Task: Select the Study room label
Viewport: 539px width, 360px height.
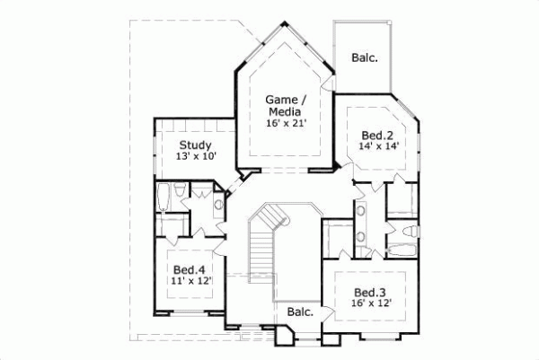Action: coord(195,145)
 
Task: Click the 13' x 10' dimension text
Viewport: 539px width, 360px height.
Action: coord(195,157)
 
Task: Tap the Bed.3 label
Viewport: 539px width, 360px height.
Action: coord(371,292)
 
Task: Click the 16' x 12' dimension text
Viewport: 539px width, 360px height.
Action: coord(371,304)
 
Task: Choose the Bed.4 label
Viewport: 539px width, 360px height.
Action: coord(190,269)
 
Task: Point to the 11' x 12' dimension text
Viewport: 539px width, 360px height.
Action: coord(190,282)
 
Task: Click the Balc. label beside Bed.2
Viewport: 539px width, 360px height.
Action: coord(363,57)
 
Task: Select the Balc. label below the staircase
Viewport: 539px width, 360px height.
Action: coord(299,312)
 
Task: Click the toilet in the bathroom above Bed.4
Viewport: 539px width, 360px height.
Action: coord(179,191)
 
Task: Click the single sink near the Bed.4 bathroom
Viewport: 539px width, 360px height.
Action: coord(218,205)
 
